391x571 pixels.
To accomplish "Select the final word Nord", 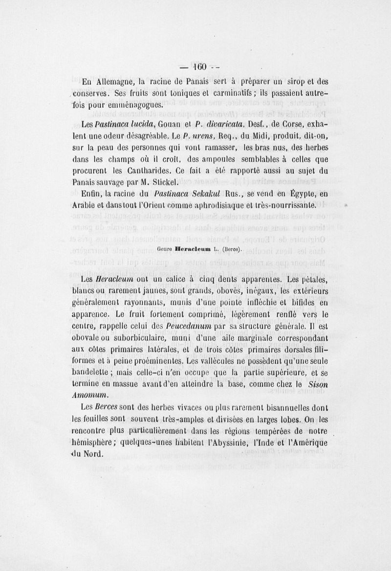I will (x=93, y=453).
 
